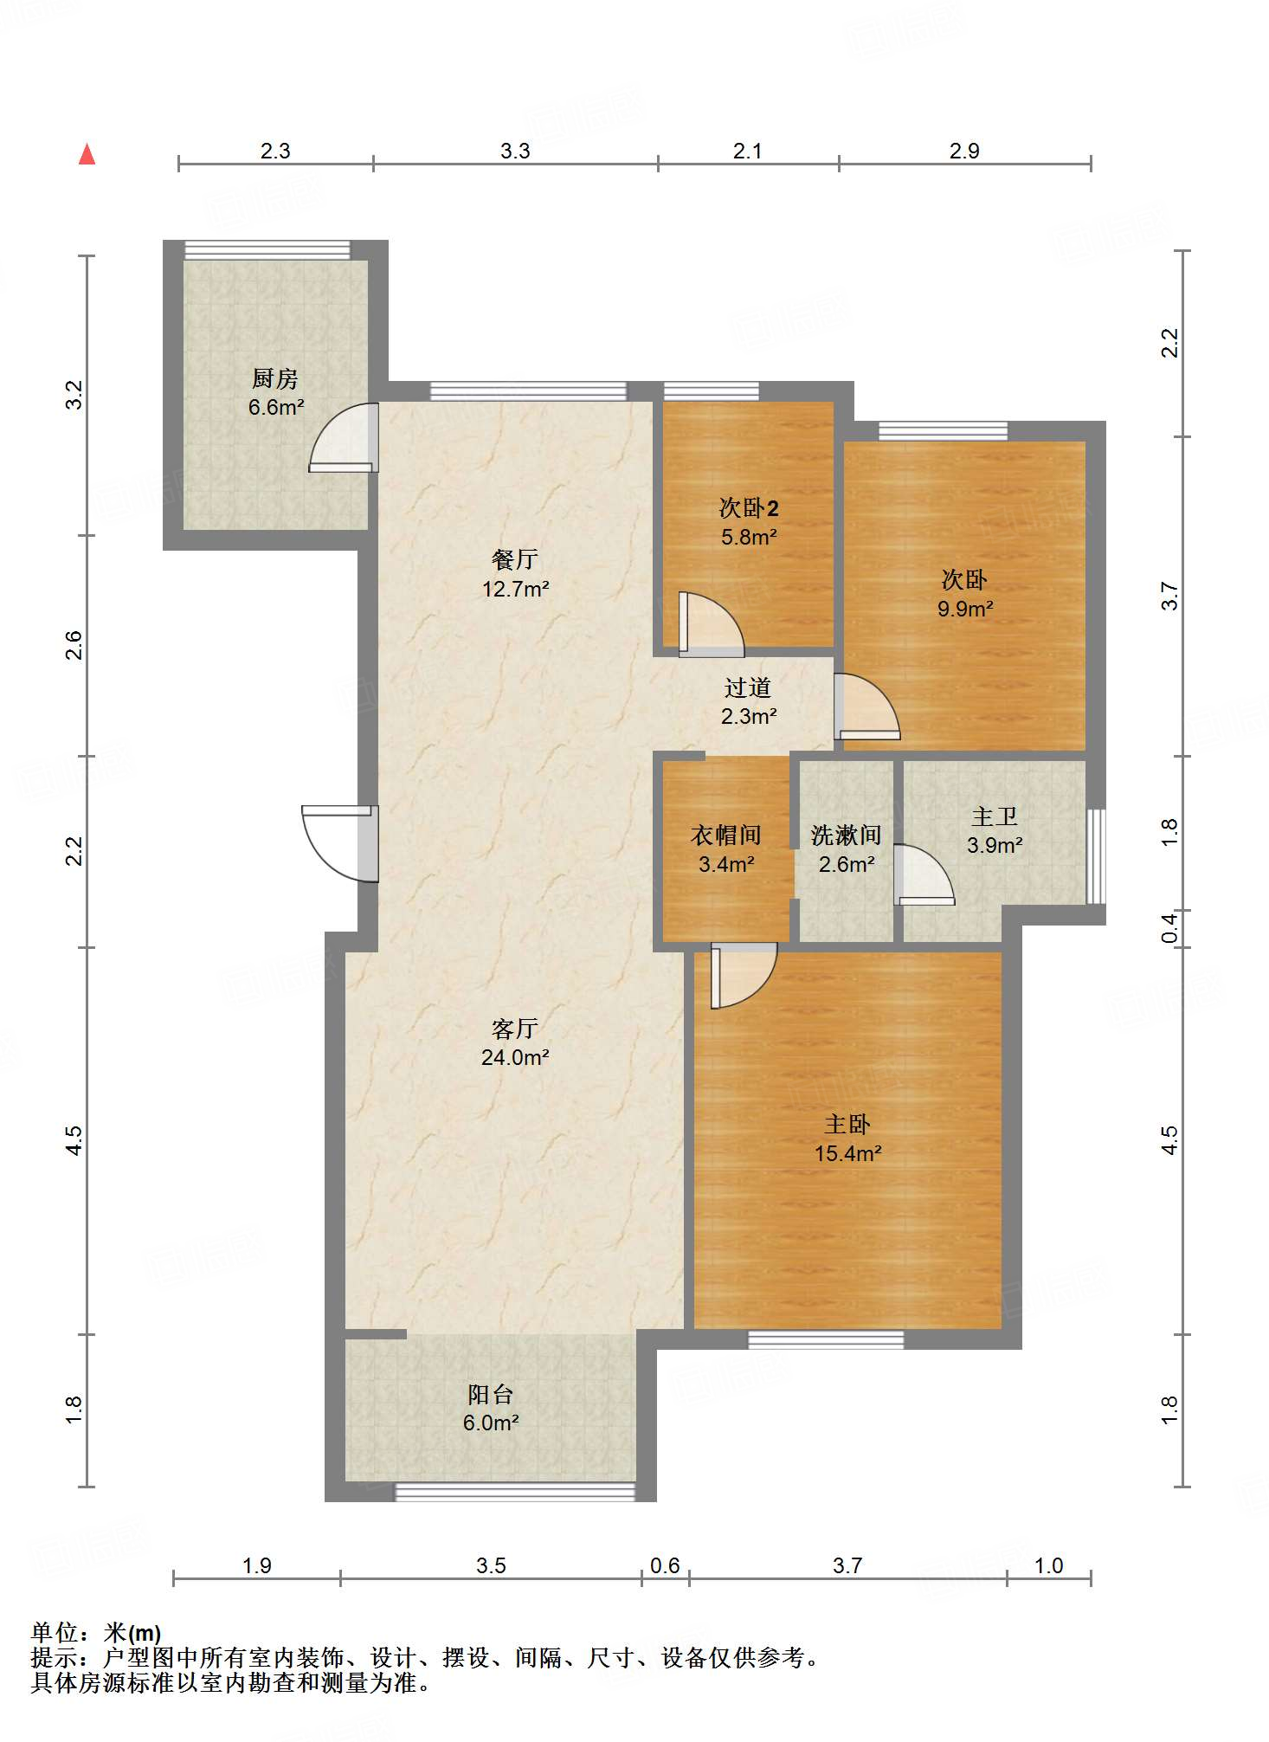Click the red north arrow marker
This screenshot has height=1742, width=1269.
pyautogui.click(x=87, y=154)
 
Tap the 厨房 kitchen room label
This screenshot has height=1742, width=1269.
pyautogui.click(x=275, y=378)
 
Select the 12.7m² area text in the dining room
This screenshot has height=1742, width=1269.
pyautogui.click(x=516, y=589)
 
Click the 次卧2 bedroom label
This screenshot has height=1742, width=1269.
pyautogui.click(x=749, y=507)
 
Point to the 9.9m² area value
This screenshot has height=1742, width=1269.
pyautogui.click(x=965, y=609)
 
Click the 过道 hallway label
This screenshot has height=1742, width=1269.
pyautogui.click(x=748, y=687)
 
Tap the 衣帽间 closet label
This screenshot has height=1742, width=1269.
pyautogui.click(x=726, y=835)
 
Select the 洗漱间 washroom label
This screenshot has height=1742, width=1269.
pyautogui.click(x=847, y=835)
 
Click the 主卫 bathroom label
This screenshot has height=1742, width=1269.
pyautogui.click(x=995, y=816)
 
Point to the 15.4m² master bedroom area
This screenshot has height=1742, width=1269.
pyautogui.click(x=848, y=1153)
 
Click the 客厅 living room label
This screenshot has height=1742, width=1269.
pyautogui.click(x=515, y=1028)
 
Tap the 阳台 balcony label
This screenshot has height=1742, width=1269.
pyautogui.click(x=491, y=1394)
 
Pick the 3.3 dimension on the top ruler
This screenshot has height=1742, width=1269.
pyautogui.click(x=515, y=151)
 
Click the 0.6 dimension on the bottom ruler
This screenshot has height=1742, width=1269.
pyautogui.click(x=665, y=1565)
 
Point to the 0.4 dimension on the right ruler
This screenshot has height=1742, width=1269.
pyautogui.click(x=1169, y=928)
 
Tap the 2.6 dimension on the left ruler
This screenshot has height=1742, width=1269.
pyautogui.click(x=74, y=645)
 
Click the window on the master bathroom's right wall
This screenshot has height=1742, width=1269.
pyautogui.click(x=1096, y=856)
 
